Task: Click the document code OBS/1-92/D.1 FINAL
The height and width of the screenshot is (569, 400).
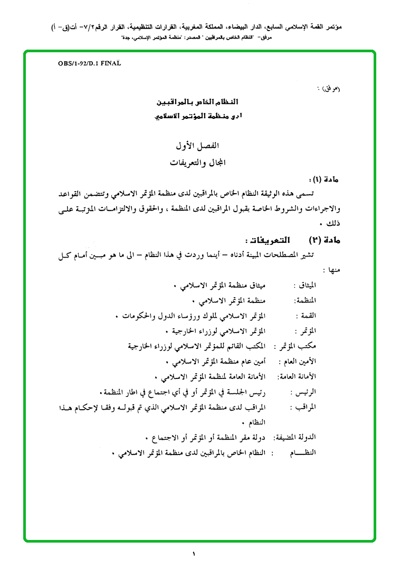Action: pyautogui.click(x=90, y=63)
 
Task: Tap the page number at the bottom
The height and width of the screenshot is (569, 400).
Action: pyautogui.click(x=194, y=554)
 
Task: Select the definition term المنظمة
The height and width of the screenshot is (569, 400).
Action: pyautogui.click(x=306, y=301)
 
